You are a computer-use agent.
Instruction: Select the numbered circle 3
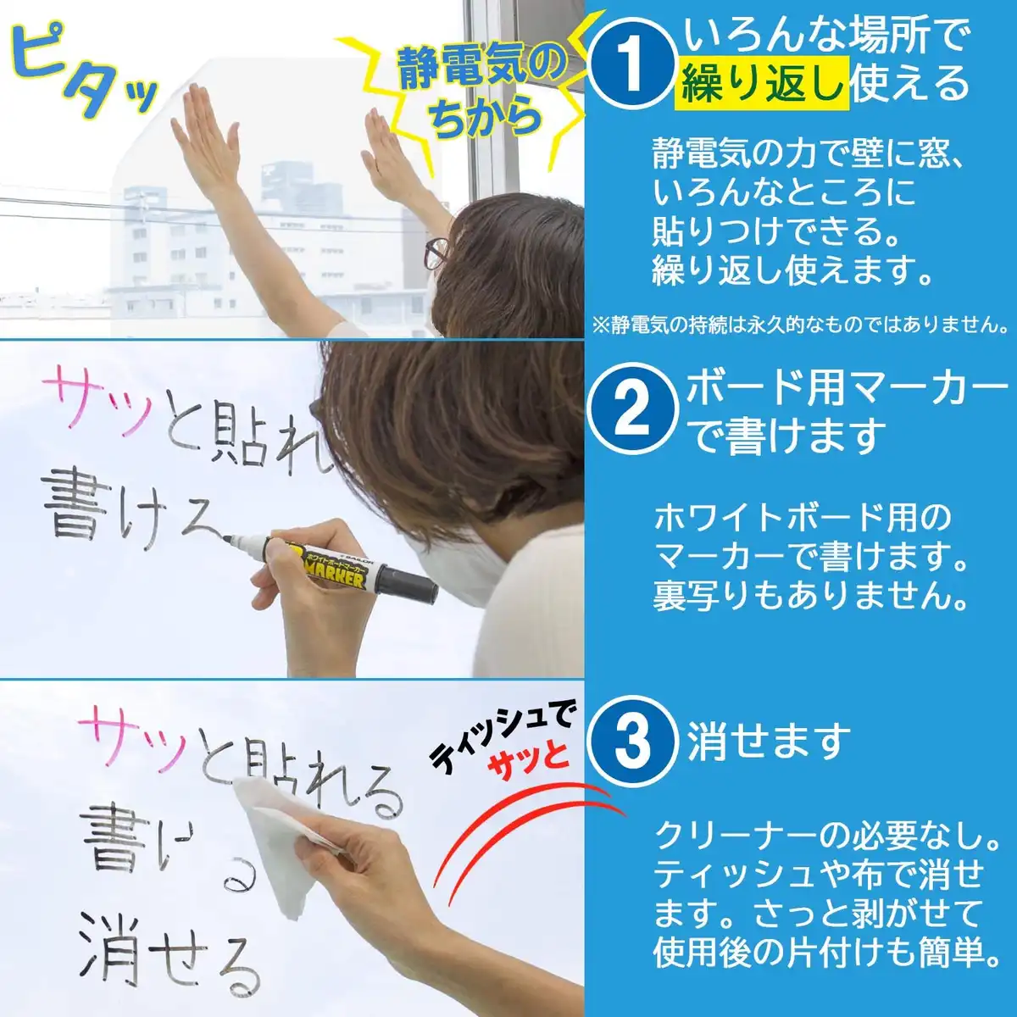[632, 739]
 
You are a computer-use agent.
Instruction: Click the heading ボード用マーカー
[847, 390]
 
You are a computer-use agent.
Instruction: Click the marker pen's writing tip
[227, 538]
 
